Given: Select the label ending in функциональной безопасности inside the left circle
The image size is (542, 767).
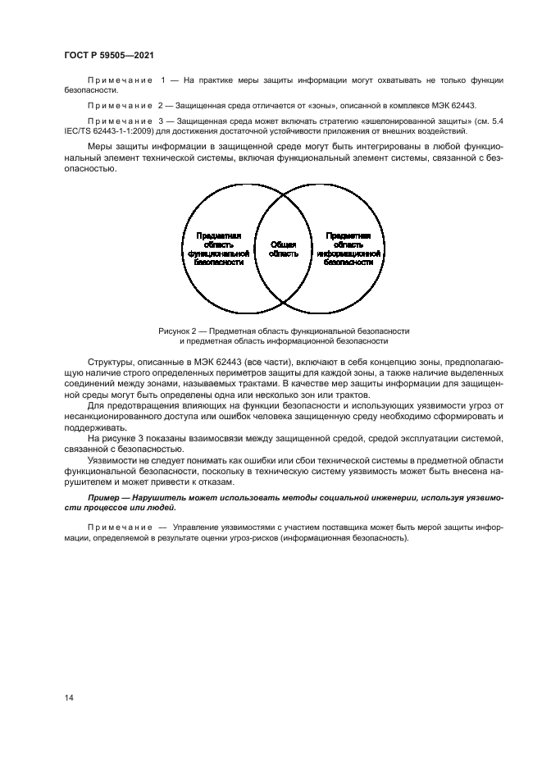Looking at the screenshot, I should [x=216, y=249].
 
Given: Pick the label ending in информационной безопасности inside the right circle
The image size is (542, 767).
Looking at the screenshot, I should [x=349, y=249].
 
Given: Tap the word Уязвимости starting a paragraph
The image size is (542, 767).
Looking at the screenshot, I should [x=112, y=460].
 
